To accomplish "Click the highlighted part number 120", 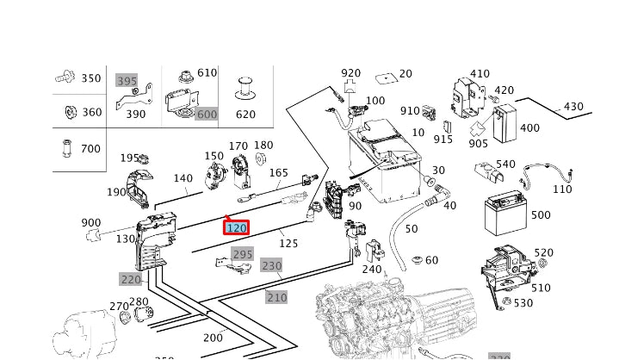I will [236, 228].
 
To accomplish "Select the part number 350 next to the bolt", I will [90, 78].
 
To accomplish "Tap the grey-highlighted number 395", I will [127, 80].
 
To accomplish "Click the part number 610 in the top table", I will [207, 73].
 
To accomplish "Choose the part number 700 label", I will [90, 148].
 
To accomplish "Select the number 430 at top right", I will [573, 107].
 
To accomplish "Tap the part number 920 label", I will [350, 73].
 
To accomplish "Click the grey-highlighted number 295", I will [243, 254].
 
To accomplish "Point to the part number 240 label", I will [371, 269].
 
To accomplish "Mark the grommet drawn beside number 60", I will [416, 259].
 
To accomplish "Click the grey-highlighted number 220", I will [130, 279].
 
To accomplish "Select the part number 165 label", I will [279, 173].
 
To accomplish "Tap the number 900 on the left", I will [90, 222].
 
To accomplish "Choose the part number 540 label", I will [505, 164].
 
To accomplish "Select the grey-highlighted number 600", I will [207, 115].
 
